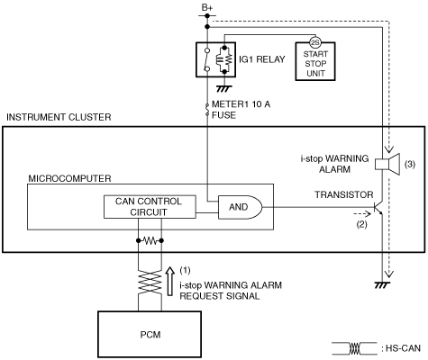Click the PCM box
tap(150, 334)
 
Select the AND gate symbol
tap(240, 207)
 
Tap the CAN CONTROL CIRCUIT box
tap(150, 207)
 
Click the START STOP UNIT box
tap(315, 61)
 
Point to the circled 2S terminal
tap(315, 43)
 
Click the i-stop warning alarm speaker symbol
tap(387, 164)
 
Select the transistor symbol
tap(378, 207)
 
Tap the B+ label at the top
tap(207, 8)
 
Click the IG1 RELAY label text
tap(261, 59)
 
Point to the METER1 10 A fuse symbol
tap(207, 110)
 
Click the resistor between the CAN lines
tap(150, 240)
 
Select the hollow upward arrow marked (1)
tap(170, 282)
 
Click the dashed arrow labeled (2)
tap(362, 214)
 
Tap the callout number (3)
tap(410, 164)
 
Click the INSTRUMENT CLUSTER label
tap(59, 117)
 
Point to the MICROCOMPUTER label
tap(69, 178)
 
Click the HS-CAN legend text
tap(403, 348)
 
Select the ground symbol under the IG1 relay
tap(224, 89)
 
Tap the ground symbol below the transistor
tap(382, 285)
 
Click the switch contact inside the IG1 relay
tap(206, 59)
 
